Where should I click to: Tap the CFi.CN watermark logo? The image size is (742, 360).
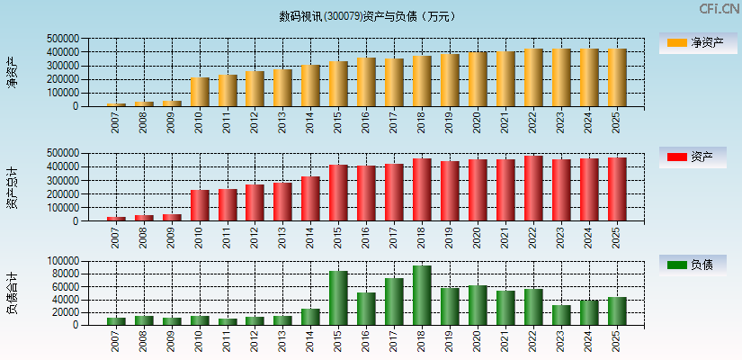(720, 8)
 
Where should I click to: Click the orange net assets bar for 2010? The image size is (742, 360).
(200, 92)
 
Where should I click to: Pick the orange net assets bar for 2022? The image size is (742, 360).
(534, 77)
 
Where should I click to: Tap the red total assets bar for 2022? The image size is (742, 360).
(534, 188)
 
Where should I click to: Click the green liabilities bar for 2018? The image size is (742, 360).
(423, 295)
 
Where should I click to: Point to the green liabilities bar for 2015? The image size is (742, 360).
(338, 298)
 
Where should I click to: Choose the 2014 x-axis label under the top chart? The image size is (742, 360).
(310, 121)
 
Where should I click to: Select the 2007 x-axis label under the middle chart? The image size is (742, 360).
(116, 237)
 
